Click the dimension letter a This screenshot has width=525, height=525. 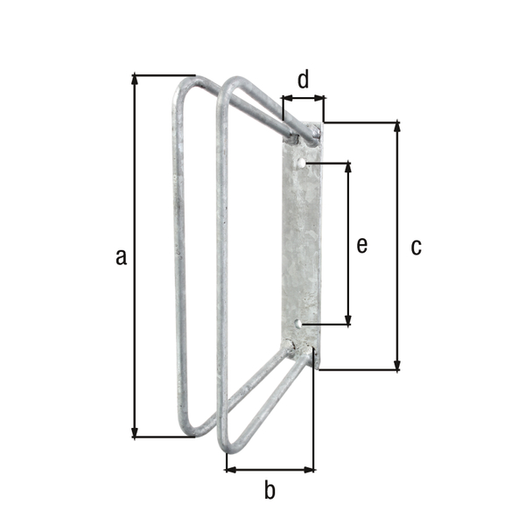[122, 256]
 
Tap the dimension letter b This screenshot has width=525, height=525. [269, 490]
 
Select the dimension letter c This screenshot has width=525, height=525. [416, 248]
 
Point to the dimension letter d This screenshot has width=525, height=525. [303, 80]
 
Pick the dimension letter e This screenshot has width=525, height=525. [361, 246]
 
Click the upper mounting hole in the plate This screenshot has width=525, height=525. [301, 164]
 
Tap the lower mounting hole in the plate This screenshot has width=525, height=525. [299, 325]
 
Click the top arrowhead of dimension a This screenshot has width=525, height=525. [135, 80]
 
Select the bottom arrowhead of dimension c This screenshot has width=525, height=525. [399, 365]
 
